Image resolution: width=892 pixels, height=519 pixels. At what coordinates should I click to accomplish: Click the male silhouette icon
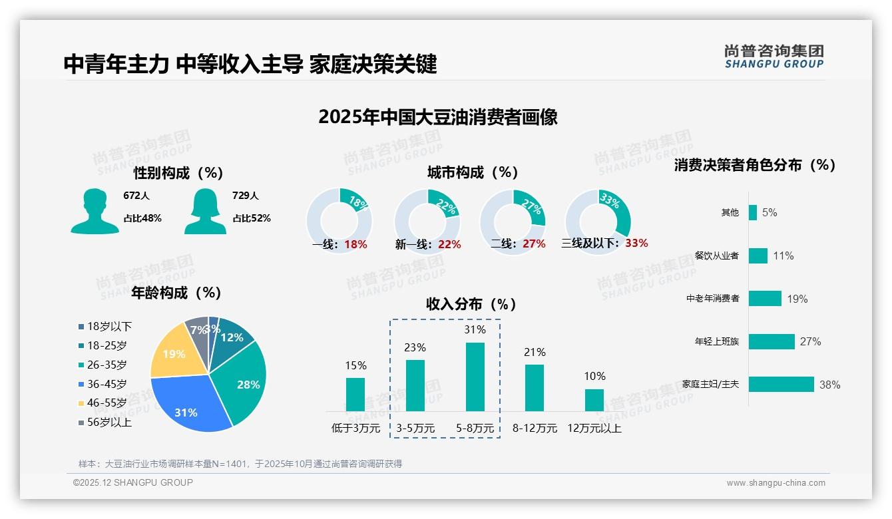[95, 211]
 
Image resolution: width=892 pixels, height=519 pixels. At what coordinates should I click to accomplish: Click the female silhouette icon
[205, 211]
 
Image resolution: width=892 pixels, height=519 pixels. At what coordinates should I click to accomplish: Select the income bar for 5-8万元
[475, 377]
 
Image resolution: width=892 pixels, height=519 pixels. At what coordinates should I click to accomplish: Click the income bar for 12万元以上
[594, 400]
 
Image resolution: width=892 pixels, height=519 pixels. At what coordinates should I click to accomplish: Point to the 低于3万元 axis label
[355, 428]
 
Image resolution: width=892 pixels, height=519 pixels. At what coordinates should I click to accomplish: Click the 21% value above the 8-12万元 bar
[535, 352]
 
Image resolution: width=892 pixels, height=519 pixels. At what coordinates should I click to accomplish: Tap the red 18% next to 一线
[355, 244]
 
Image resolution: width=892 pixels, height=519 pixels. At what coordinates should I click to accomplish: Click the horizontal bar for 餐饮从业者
[758, 256]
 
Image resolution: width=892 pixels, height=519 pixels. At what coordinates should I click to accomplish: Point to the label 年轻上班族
[716, 341]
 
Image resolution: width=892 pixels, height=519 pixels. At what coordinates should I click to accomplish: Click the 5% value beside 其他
[770, 212]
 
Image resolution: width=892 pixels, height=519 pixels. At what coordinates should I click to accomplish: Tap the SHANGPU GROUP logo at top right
[774, 57]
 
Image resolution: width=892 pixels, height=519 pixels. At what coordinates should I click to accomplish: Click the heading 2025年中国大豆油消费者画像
[437, 117]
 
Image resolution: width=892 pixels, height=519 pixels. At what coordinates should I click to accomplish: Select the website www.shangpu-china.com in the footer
[776, 483]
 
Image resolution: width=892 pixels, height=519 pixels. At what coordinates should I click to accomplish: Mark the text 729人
[246, 196]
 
